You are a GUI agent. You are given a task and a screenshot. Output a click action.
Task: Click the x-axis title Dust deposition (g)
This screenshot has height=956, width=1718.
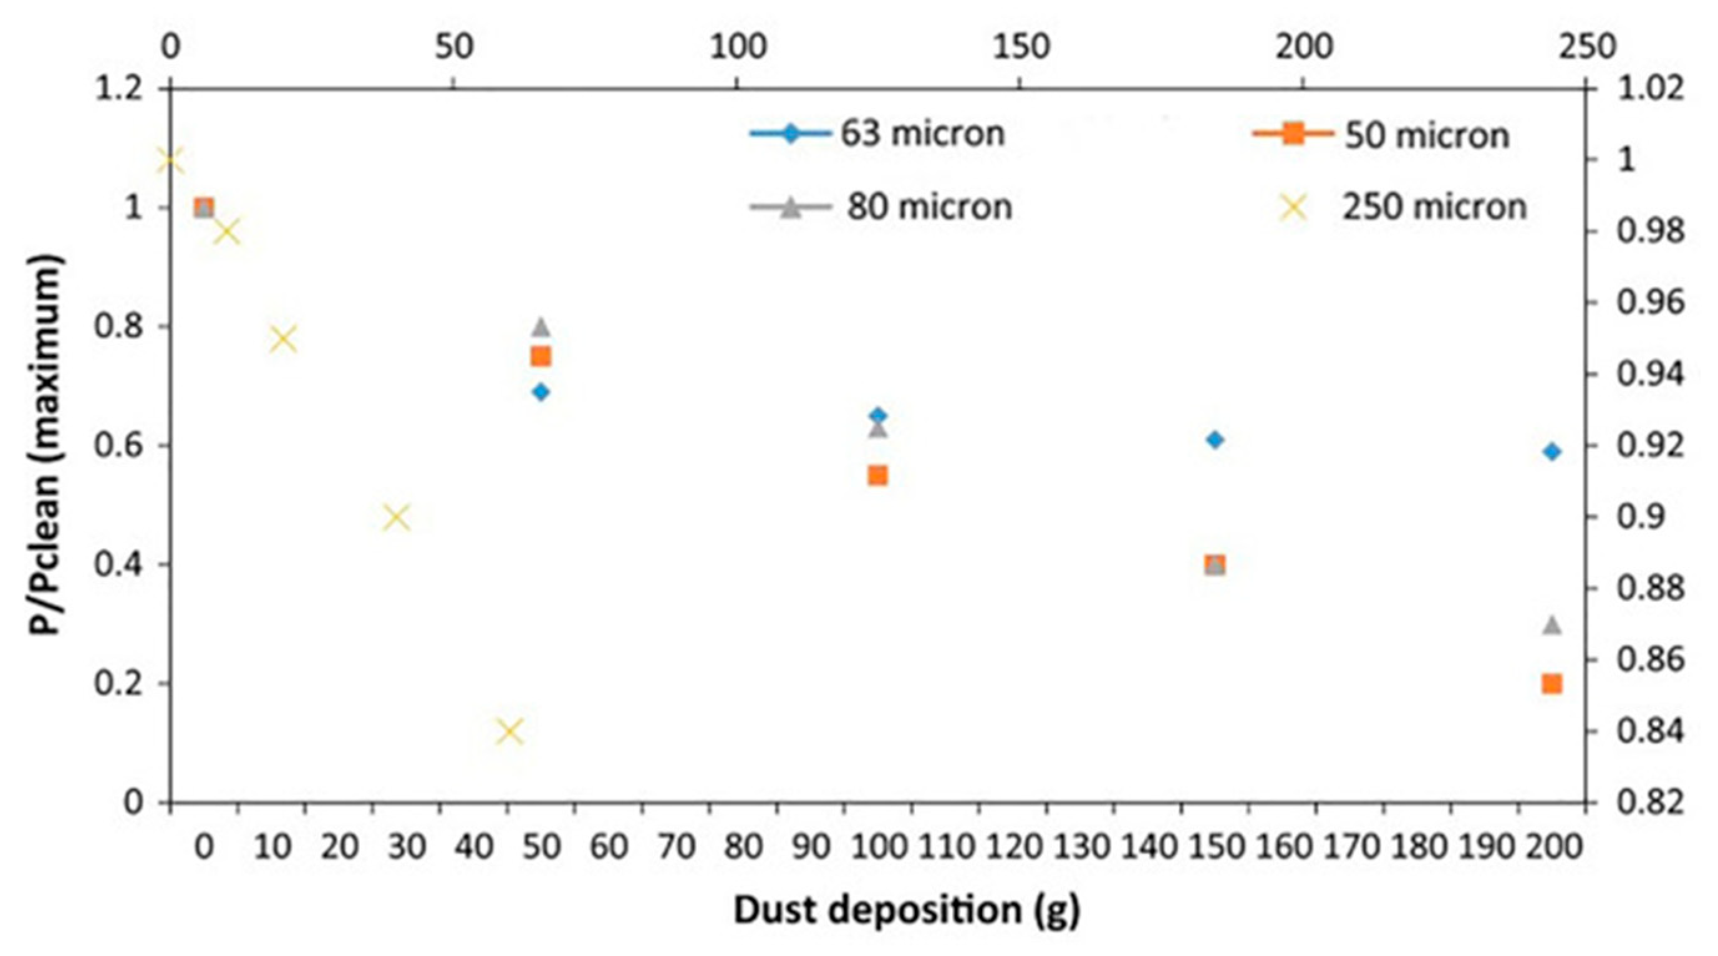[x=907, y=910]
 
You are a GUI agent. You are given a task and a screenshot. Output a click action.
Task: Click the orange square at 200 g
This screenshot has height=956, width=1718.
[x=1552, y=684]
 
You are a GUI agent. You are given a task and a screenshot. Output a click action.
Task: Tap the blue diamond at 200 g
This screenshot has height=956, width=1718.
[x=1552, y=451]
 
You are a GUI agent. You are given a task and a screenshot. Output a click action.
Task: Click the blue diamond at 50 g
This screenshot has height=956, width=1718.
[x=541, y=392]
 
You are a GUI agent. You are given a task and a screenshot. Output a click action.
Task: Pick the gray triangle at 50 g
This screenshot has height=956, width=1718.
[x=541, y=327]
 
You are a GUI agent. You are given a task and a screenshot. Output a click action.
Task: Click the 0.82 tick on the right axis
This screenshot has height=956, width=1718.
[x=1650, y=802]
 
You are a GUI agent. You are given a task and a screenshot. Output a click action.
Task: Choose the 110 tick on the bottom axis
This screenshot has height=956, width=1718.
[x=945, y=847]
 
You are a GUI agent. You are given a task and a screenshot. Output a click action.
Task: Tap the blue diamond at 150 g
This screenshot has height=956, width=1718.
[x=1215, y=440]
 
